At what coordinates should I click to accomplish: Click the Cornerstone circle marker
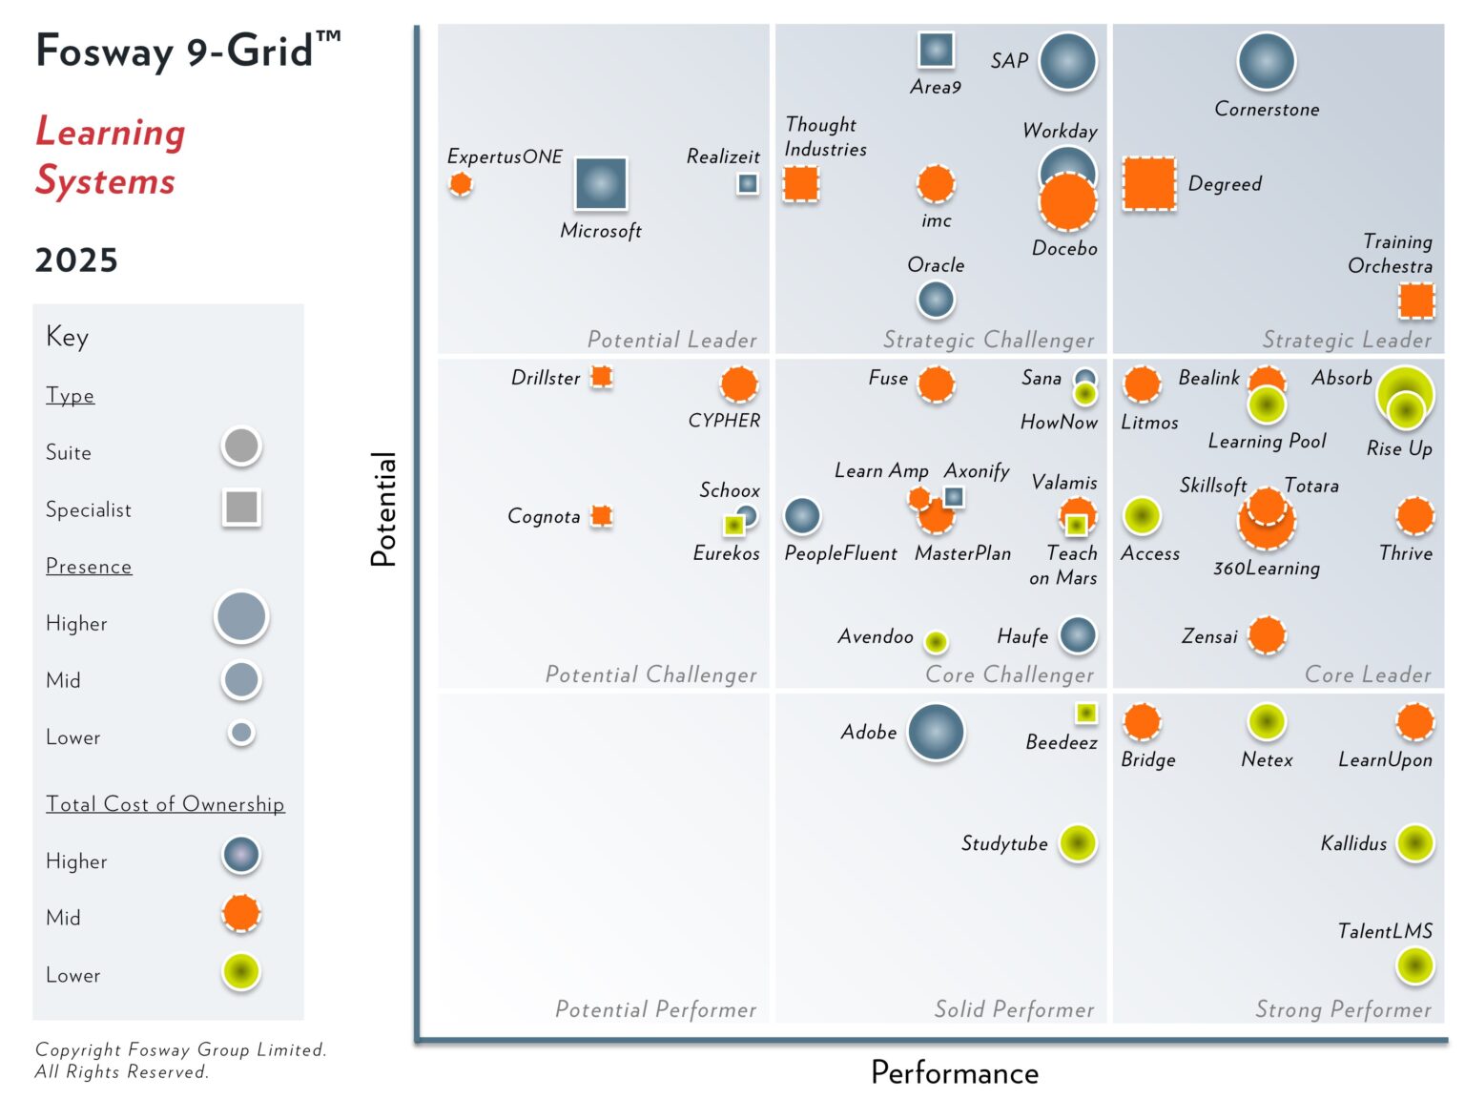click(1266, 61)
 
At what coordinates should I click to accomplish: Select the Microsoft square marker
click(601, 183)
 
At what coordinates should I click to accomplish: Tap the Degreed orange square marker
click(1148, 183)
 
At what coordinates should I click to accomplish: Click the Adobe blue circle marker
click(936, 733)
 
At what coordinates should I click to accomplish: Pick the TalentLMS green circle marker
click(1414, 965)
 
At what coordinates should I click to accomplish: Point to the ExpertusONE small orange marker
click(461, 183)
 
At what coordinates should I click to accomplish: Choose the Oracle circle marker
click(936, 300)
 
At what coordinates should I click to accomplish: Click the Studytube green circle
click(1078, 842)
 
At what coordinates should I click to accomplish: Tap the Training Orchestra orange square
click(1416, 300)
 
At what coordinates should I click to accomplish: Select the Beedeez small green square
click(1085, 713)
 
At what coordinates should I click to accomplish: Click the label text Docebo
click(1064, 249)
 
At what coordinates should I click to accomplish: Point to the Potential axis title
click(383, 508)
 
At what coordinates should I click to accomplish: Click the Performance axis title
click(954, 1073)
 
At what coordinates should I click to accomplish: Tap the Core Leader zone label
click(1367, 674)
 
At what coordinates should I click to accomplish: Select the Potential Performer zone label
click(655, 1009)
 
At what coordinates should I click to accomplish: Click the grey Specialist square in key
click(241, 508)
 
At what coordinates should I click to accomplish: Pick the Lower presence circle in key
click(241, 733)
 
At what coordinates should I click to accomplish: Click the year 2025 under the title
click(76, 260)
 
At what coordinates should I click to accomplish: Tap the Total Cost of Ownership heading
click(165, 804)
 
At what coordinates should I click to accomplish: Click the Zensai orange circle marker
click(1267, 634)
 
